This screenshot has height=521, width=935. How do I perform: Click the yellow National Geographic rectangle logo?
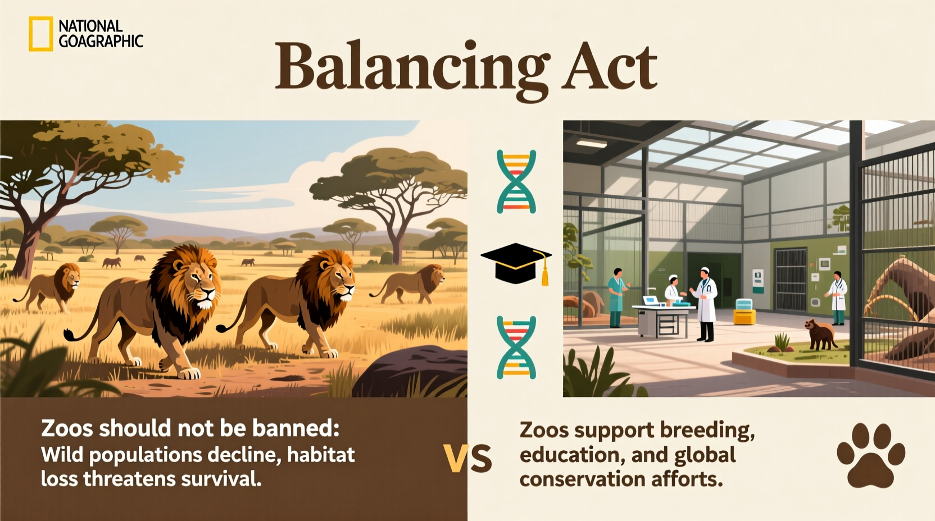(x=40, y=34)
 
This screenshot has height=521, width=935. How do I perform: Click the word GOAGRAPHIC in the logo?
(x=101, y=41)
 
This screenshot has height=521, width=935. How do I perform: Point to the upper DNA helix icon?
(x=516, y=181)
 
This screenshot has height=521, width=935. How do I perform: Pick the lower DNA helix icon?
(x=516, y=347)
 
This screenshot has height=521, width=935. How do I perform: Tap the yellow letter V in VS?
(x=456, y=459)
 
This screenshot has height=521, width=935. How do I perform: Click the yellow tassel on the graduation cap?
(x=544, y=275)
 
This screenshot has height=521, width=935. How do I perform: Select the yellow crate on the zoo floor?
(x=744, y=317)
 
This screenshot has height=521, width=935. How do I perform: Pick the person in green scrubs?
(x=616, y=298)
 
